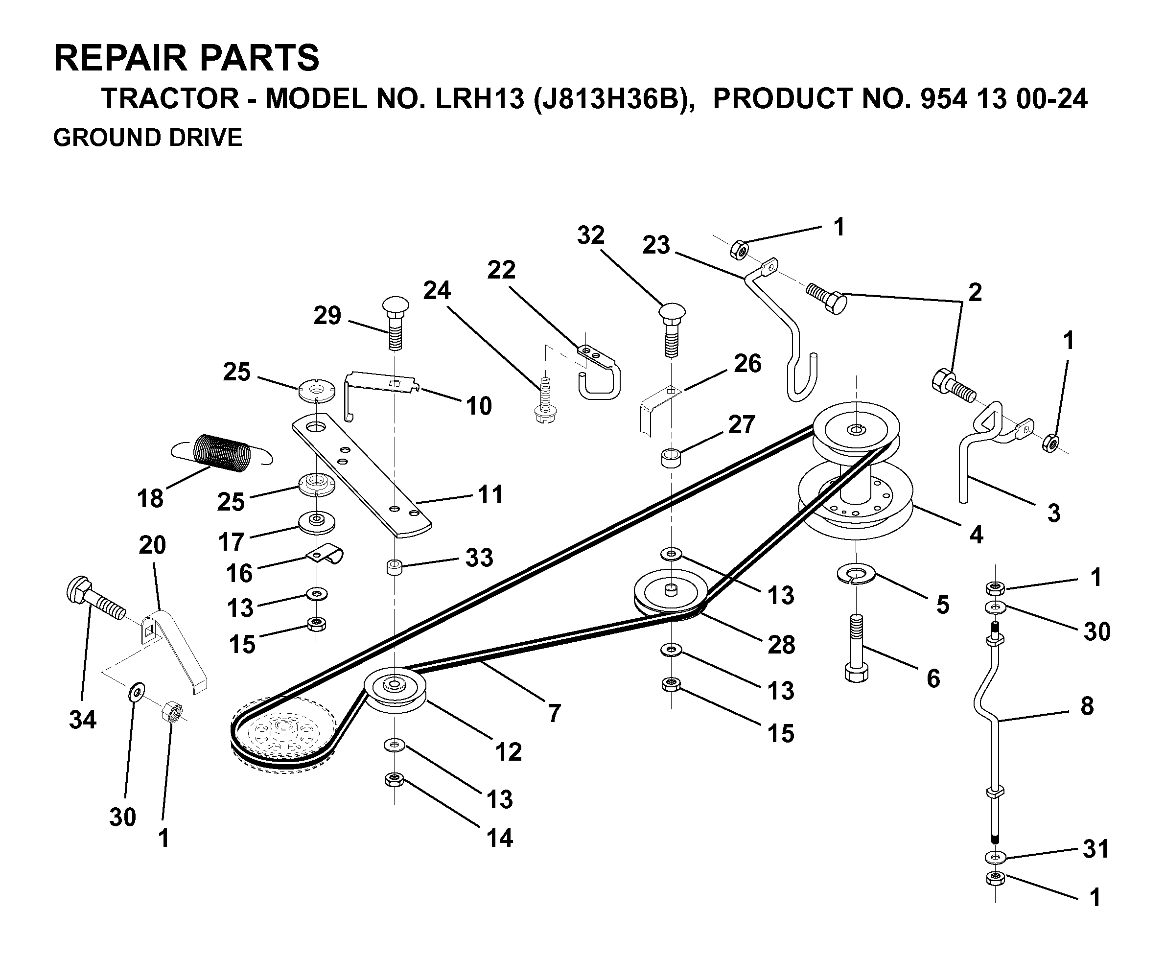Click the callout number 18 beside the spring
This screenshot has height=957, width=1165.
pyautogui.click(x=150, y=498)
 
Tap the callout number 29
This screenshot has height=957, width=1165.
pyautogui.click(x=327, y=315)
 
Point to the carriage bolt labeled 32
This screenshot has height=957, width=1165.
pyautogui.click(x=672, y=329)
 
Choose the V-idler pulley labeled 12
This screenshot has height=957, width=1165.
pyautogui.click(x=395, y=691)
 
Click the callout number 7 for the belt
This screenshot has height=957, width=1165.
pyautogui.click(x=555, y=713)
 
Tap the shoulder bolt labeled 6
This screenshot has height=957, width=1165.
pyautogui.click(x=856, y=648)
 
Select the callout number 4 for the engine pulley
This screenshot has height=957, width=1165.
pyautogui.click(x=976, y=534)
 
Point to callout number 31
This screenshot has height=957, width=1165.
pyautogui.click(x=1095, y=849)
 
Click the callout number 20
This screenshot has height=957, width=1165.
pyautogui.click(x=152, y=545)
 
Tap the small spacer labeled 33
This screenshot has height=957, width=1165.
pyautogui.click(x=394, y=567)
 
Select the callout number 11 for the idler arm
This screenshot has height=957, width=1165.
pyautogui.click(x=490, y=494)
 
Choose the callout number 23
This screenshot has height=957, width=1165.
pyautogui.click(x=656, y=245)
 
